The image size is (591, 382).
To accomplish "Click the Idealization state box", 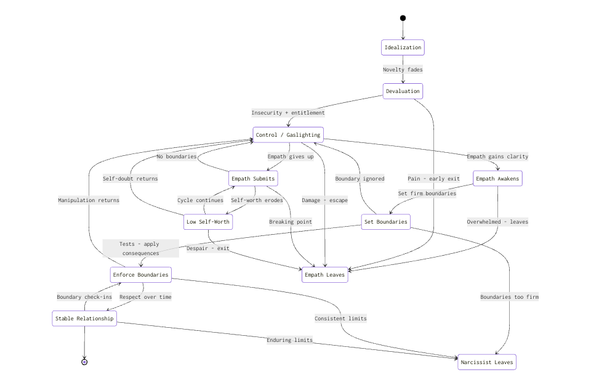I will click(x=403, y=47).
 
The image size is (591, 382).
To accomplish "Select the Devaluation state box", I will click(x=403, y=91).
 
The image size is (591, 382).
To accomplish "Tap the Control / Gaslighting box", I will click(x=287, y=135).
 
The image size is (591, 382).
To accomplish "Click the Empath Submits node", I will click(x=253, y=179).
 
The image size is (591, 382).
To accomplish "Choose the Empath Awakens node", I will click(x=497, y=179).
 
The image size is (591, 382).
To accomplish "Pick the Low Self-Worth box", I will click(x=209, y=222).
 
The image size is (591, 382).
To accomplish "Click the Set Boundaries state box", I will click(x=385, y=222).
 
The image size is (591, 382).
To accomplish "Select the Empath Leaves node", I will click(x=324, y=275).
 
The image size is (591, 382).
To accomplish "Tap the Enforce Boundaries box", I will click(x=140, y=274).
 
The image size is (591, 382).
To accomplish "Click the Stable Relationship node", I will click(x=84, y=319).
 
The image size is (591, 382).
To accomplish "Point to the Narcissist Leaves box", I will click(x=486, y=362).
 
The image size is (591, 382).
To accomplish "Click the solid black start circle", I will click(x=403, y=18).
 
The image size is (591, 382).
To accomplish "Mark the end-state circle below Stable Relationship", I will click(x=84, y=362).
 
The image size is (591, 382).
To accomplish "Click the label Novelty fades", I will click(x=403, y=70).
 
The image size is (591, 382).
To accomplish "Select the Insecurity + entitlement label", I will click(x=287, y=113).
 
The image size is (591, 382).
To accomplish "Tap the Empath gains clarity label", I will click(x=497, y=156).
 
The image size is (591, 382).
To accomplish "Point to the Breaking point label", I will click(x=291, y=222).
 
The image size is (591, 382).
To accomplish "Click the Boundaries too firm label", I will click(x=509, y=297).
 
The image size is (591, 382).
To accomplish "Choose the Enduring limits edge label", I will click(x=289, y=340).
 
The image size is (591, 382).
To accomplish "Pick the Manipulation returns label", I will click(x=89, y=200).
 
